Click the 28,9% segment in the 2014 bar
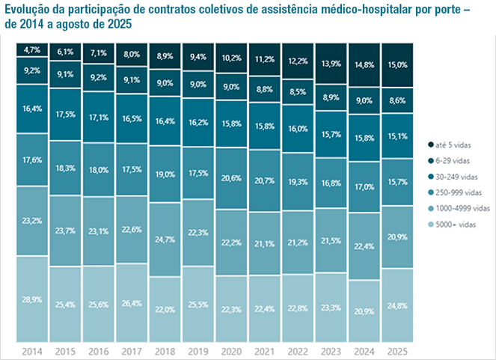32,299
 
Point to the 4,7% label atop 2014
32,50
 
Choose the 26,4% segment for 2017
132,302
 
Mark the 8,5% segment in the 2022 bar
299,93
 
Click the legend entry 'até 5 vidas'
453,144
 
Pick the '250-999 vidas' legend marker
432,192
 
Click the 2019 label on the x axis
199,350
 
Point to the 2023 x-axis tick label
333,350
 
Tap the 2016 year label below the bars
99,350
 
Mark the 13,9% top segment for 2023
333,64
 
